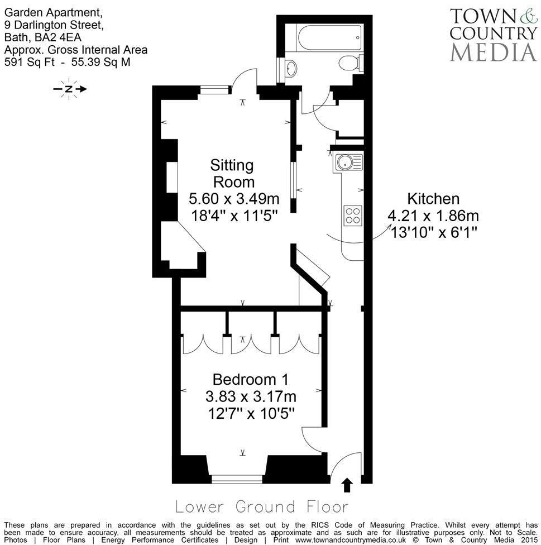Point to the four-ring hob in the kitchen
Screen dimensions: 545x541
click(353, 214)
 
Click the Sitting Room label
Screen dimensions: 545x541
click(232, 173)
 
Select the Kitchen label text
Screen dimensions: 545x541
click(433, 199)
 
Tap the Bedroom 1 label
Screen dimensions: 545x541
click(250, 380)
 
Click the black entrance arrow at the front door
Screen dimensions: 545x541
click(347, 485)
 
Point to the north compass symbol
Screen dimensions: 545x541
click(69, 89)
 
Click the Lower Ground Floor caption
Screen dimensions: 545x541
click(261, 506)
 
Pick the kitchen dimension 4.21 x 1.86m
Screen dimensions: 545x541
click(433, 216)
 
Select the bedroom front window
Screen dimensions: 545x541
click(237, 479)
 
